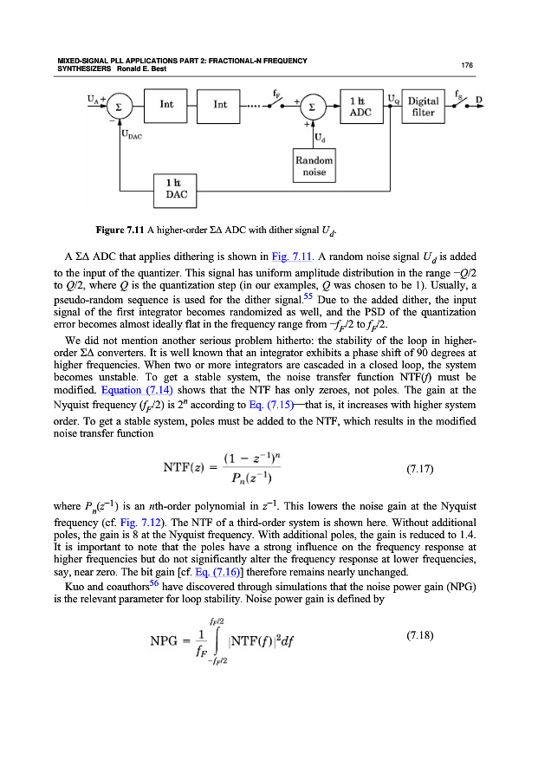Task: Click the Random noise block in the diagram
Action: tap(315, 167)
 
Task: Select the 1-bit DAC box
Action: tap(172, 188)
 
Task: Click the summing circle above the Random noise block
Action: tap(314, 106)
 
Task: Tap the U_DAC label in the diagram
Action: tap(133, 136)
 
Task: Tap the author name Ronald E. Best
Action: tap(132, 69)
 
